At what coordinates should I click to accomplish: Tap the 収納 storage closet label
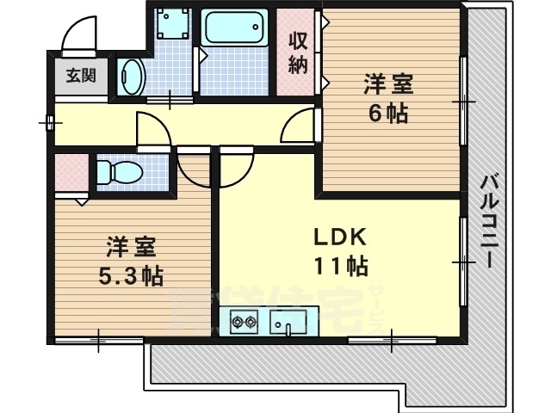click(x=298, y=53)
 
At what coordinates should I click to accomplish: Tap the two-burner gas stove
click(x=243, y=323)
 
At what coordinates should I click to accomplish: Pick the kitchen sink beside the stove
click(x=288, y=323)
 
